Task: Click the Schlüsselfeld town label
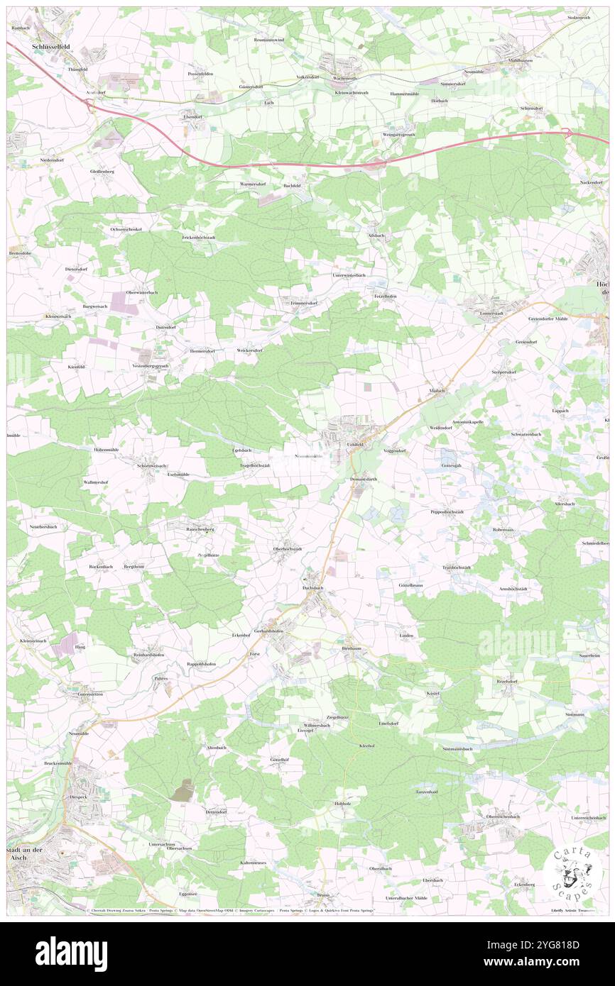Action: pyautogui.click(x=54, y=45)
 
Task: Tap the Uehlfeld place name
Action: pyautogui.click(x=355, y=444)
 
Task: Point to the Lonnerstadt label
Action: pyautogui.click(x=491, y=312)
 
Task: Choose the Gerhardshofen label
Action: pyautogui.click(x=269, y=630)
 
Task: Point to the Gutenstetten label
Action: pyautogui.click(x=85, y=694)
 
